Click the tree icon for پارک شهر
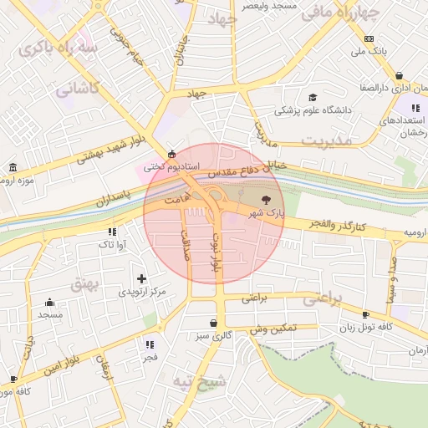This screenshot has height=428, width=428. pos(266,200)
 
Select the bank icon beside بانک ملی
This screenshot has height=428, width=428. pos(369,38)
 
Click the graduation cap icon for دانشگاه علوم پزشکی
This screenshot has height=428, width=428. pos(313,97)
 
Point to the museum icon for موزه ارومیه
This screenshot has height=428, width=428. pos(12,167)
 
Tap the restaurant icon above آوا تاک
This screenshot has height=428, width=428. pos(112,232)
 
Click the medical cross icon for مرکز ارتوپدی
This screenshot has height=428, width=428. pos(141,278)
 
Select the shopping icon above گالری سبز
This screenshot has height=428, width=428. pos(215,323)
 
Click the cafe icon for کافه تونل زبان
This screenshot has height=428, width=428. pos(365,314)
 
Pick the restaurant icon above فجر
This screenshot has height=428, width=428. pos(150,344)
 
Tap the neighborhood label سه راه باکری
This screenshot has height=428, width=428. pos(62,47)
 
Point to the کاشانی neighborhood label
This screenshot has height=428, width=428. pos(77,88)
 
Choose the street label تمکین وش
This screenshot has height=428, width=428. pos(273,329)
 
